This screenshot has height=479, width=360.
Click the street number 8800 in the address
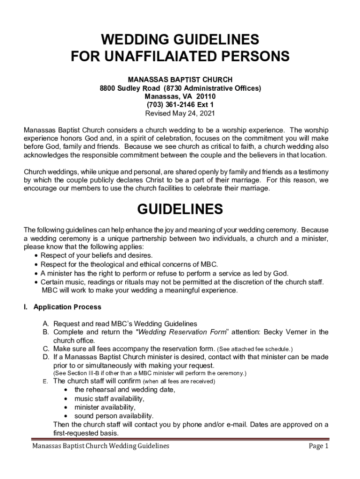pos(108,88)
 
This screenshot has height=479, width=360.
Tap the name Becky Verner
pos(285,332)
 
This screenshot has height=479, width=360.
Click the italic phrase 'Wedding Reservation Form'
pos(183,332)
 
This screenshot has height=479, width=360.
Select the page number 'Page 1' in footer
pos(319,446)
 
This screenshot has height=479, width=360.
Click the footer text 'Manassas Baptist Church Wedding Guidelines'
pos(101,446)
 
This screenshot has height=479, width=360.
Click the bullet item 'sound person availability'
pos(114,416)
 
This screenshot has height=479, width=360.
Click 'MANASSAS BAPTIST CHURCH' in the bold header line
pos(180,80)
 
